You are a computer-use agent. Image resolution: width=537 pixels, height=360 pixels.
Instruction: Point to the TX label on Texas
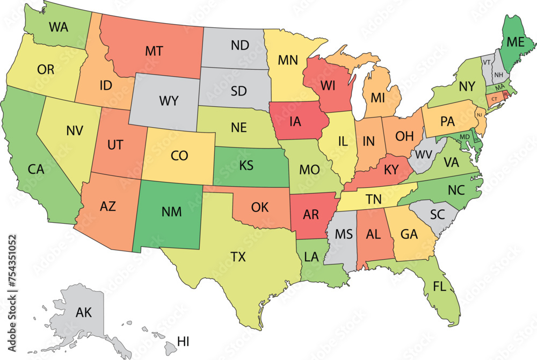coord(238,257)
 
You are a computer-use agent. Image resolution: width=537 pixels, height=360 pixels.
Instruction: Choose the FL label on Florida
coord(440,287)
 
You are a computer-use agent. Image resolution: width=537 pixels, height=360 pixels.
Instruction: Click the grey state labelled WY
coord(168,100)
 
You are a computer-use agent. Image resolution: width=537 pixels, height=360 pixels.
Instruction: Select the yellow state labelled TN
coord(374,199)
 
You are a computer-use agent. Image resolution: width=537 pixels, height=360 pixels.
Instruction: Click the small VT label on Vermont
coord(487,62)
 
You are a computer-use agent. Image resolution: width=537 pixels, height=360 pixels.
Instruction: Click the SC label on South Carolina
coord(438,215)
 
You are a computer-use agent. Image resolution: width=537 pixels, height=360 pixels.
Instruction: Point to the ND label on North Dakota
coord(240,46)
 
